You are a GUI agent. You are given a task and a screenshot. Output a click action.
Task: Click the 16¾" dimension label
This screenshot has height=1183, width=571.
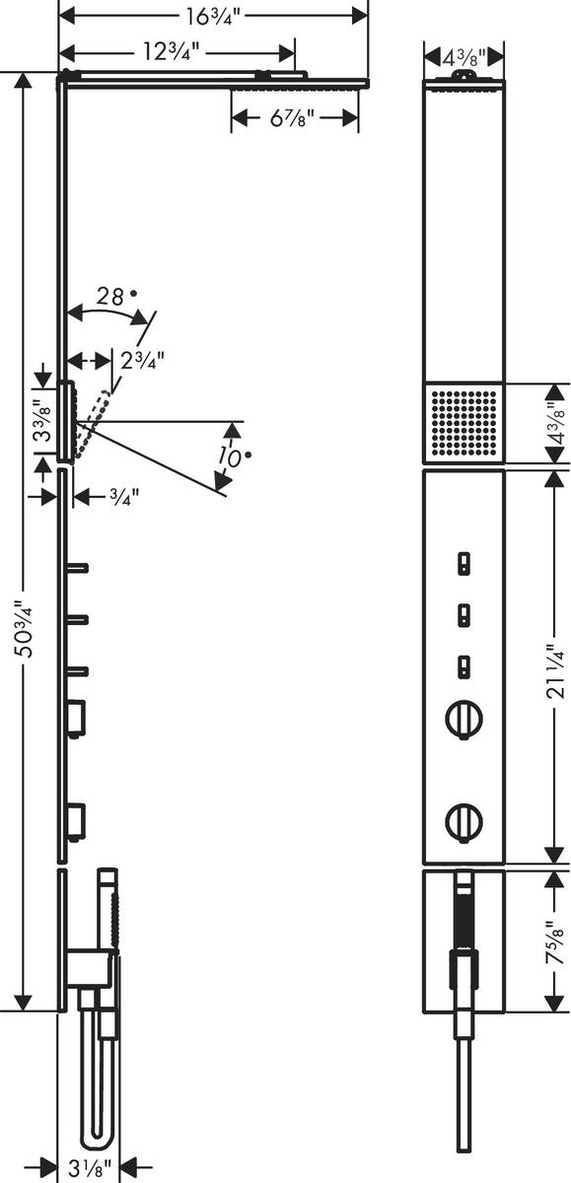tap(212, 15)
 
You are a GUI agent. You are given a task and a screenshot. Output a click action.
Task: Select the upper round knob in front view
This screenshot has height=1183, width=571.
tap(464, 717)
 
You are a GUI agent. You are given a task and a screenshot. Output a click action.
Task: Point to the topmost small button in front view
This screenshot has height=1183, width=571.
tap(464, 564)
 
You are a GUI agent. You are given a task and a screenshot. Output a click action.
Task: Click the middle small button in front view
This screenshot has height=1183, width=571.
tap(464, 616)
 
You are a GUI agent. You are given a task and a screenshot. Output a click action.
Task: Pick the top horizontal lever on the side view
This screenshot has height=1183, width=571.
tap(78, 567)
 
